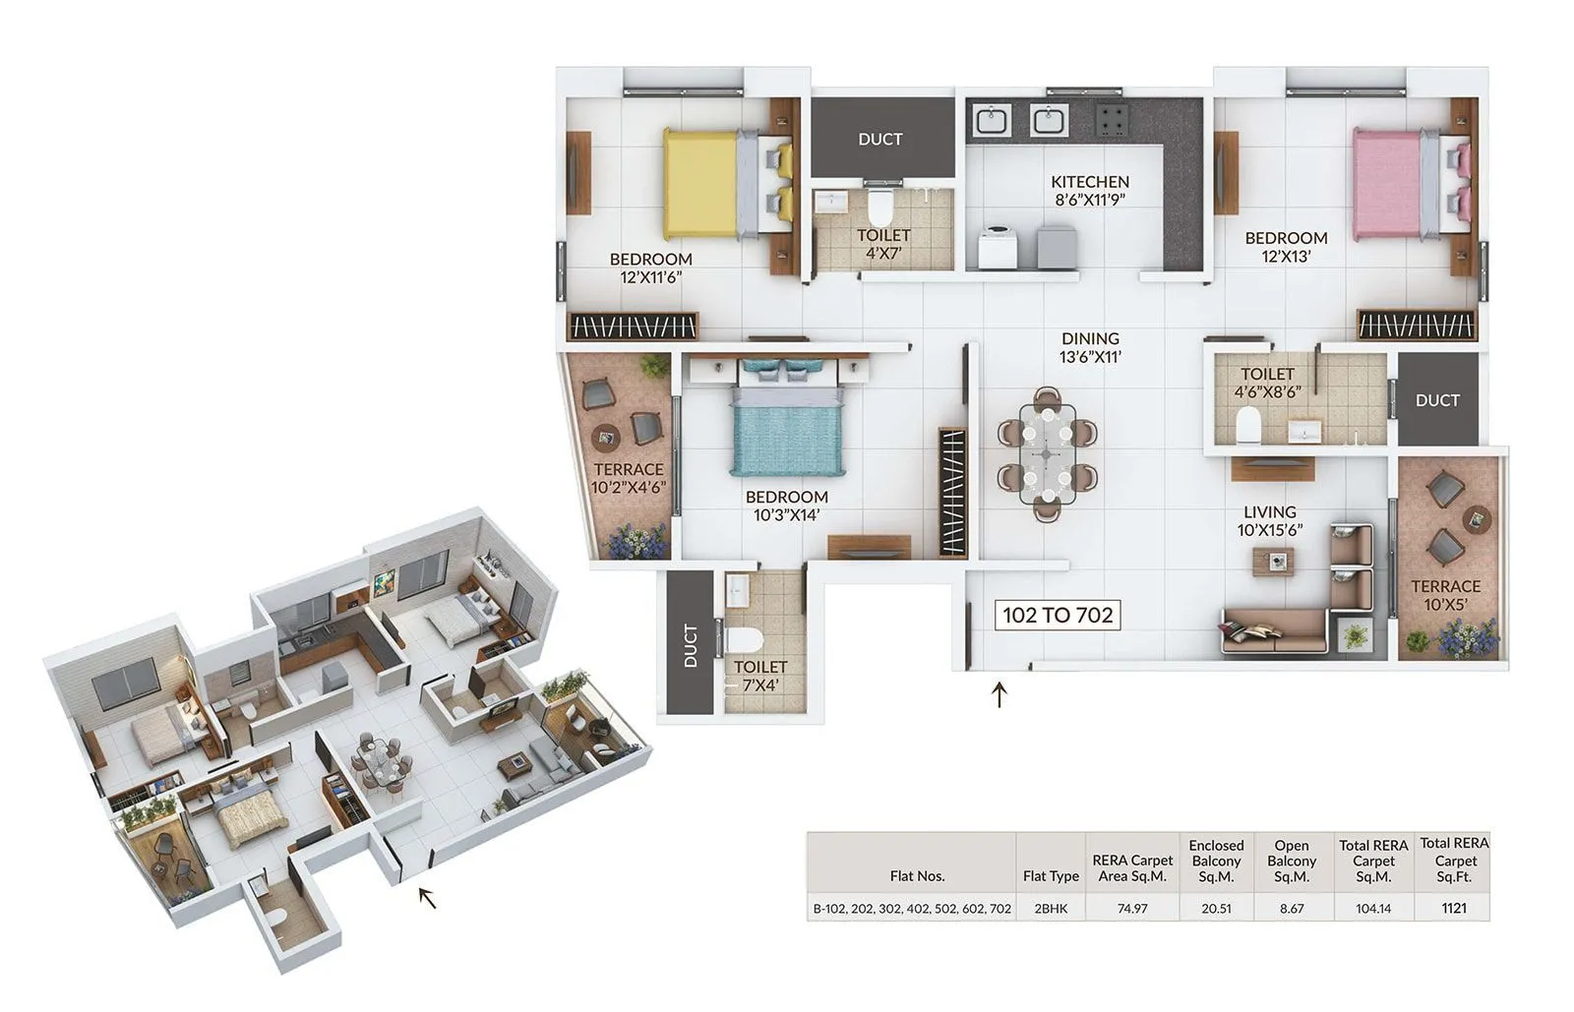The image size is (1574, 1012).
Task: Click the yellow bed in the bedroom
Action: (700, 185)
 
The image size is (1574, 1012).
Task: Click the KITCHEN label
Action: (1089, 182)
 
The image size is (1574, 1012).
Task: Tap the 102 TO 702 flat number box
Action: (1057, 616)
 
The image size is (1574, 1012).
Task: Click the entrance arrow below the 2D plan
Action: (999, 695)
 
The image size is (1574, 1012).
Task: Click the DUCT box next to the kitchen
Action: (880, 139)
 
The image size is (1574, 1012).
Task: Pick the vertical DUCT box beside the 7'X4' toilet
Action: (690, 644)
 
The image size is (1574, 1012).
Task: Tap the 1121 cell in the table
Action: (1453, 908)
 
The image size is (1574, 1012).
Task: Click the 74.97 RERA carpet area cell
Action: (1132, 909)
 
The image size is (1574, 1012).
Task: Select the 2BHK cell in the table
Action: (1051, 909)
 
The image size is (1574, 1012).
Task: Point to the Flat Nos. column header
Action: (916, 875)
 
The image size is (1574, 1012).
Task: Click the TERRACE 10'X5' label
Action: (1445, 595)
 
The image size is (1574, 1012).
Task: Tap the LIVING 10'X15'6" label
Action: (1269, 520)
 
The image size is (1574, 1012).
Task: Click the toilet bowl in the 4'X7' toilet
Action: (879, 208)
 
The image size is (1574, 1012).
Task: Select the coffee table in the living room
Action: (1273, 562)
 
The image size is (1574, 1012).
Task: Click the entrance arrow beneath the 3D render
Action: (427, 897)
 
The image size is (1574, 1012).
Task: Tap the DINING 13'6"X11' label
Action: (1090, 347)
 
